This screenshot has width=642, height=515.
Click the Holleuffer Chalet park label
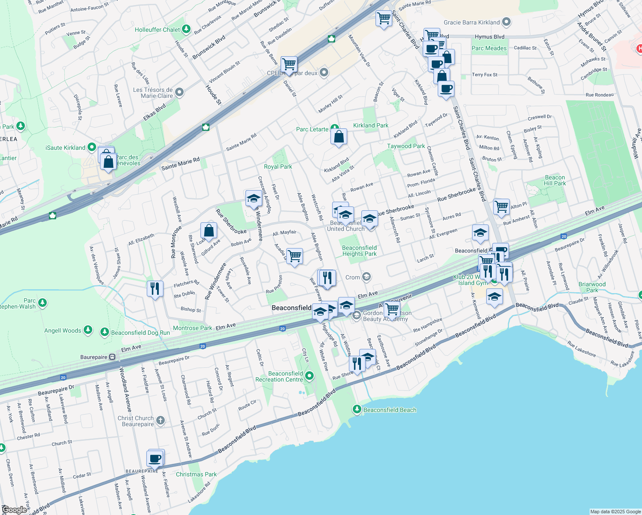(x=157, y=30)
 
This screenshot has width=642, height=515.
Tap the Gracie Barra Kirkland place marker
(x=506, y=22)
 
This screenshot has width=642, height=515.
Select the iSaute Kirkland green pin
(x=91, y=147)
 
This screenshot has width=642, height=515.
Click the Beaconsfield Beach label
(x=390, y=410)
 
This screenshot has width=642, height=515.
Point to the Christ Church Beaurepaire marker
(x=160, y=420)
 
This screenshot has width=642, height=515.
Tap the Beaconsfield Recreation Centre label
(x=279, y=376)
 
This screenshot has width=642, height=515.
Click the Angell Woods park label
(x=63, y=330)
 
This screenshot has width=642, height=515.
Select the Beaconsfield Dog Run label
(x=140, y=333)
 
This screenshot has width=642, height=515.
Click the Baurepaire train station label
(x=94, y=357)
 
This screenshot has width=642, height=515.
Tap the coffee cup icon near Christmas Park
(x=155, y=458)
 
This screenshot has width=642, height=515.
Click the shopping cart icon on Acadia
(x=294, y=256)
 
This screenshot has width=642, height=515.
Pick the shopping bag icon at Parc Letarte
(x=339, y=137)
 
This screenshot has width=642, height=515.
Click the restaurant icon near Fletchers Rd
(x=155, y=288)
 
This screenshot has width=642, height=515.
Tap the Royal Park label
(x=278, y=167)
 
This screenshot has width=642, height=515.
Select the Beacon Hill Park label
(x=555, y=180)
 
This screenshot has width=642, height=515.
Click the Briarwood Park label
(x=592, y=287)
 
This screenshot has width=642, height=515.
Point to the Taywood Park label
(x=406, y=146)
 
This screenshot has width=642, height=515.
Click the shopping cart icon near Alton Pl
(x=501, y=207)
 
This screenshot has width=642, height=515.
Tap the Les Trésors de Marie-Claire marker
(x=179, y=92)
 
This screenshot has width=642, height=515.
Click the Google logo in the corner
(x=14, y=509)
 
